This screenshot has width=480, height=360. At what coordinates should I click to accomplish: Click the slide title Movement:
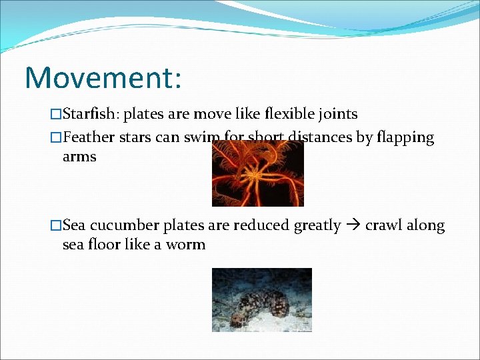pos(103,77)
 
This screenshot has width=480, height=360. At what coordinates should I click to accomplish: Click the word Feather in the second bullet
pos(87,138)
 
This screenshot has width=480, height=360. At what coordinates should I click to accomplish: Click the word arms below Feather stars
pos(79,157)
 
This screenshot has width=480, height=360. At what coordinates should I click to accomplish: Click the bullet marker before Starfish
pos(56,115)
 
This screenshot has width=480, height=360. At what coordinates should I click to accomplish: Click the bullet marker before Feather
pos(56,139)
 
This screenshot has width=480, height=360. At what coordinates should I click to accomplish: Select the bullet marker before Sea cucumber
pos(56,226)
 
